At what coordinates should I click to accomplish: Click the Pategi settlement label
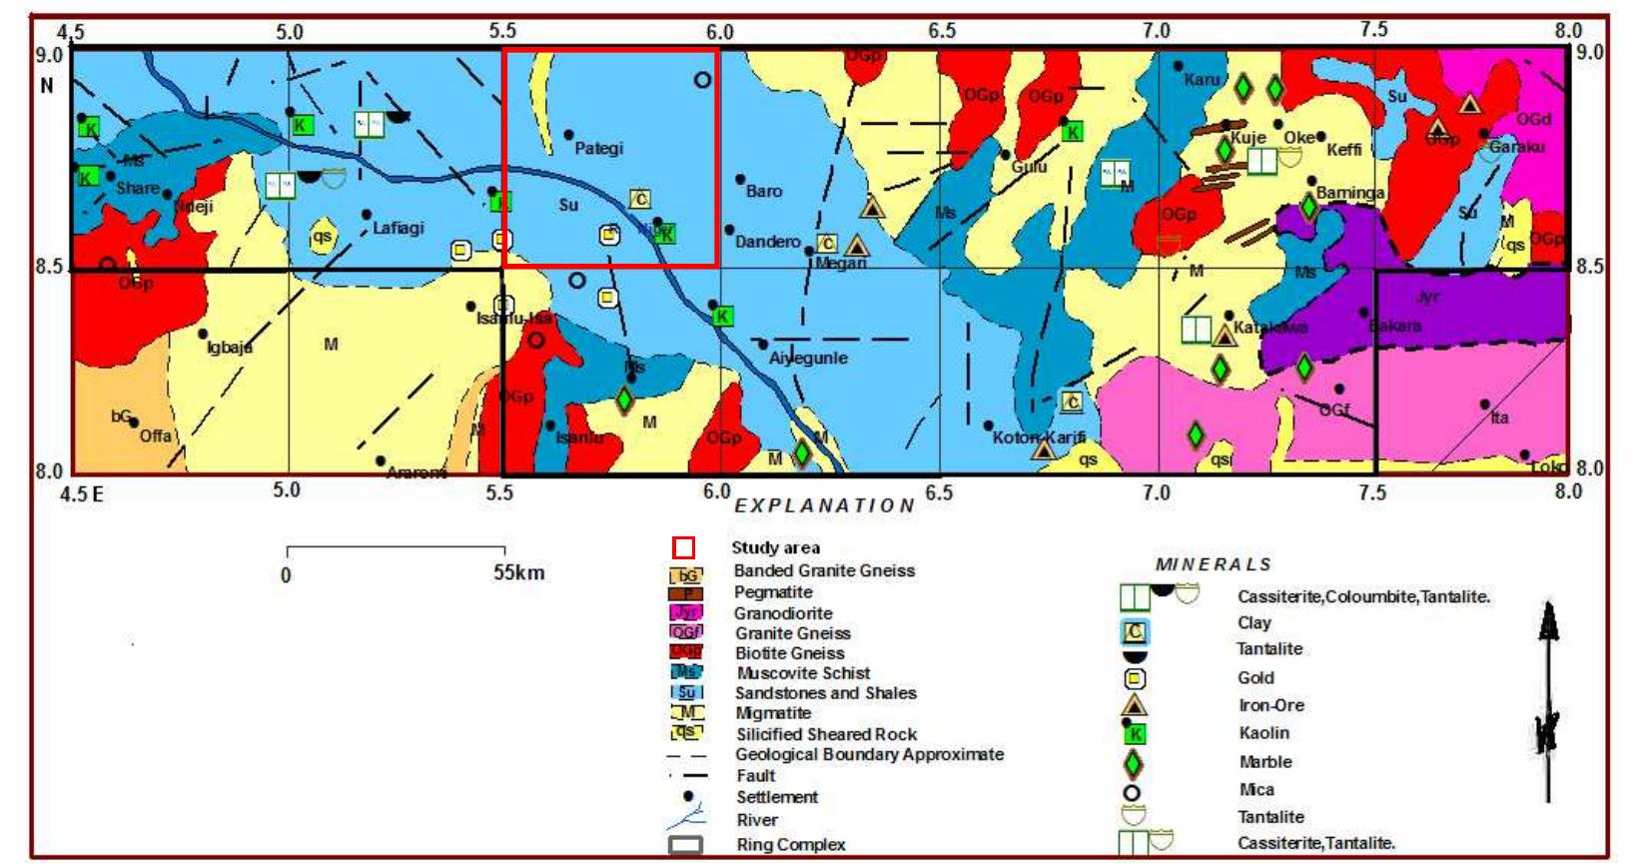(598, 149)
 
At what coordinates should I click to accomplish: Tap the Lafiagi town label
(399, 228)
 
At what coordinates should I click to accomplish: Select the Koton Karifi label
(1039, 437)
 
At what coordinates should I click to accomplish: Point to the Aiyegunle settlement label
(808, 358)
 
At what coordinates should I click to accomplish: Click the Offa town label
(155, 435)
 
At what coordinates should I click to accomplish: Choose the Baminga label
(1350, 193)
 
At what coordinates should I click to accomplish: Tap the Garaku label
(1516, 147)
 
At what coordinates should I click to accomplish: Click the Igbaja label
(230, 347)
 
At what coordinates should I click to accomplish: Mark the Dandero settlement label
(767, 242)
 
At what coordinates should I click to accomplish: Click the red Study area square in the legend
(683, 547)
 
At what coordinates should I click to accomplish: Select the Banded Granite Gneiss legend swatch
(687, 574)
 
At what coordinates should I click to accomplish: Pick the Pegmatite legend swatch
(687, 593)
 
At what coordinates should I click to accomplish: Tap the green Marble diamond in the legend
(1133, 764)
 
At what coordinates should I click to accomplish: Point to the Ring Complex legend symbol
(685, 845)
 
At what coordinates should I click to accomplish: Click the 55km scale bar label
(518, 573)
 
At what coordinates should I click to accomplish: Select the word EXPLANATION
(825, 505)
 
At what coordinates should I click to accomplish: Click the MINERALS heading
(1214, 564)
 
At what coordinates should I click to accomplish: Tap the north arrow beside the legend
(1548, 699)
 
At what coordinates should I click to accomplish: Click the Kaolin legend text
(1263, 733)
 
